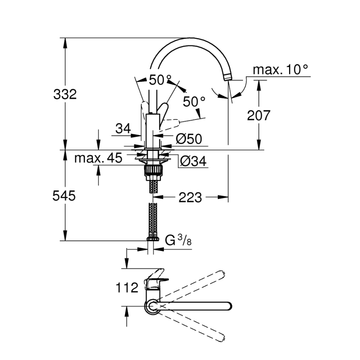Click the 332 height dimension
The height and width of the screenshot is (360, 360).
click(x=65, y=95)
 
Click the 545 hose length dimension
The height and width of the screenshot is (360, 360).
click(x=64, y=196)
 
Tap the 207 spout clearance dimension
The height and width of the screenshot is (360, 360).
click(x=258, y=115)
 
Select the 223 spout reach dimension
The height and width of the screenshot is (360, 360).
click(x=190, y=197)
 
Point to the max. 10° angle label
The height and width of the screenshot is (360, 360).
click(x=280, y=69)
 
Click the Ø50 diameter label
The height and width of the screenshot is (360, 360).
click(x=189, y=139)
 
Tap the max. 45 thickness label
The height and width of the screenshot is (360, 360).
click(x=98, y=158)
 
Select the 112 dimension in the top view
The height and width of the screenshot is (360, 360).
click(x=127, y=288)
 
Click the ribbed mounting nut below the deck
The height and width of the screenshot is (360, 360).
click(x=153, y=171)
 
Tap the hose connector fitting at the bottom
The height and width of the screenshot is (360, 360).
click(x=153, y=239)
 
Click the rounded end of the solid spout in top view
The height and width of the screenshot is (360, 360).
click(x=229, y=306)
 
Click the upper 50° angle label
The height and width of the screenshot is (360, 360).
click(x=160, y=80)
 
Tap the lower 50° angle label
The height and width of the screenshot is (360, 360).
click(x=194, y=102)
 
